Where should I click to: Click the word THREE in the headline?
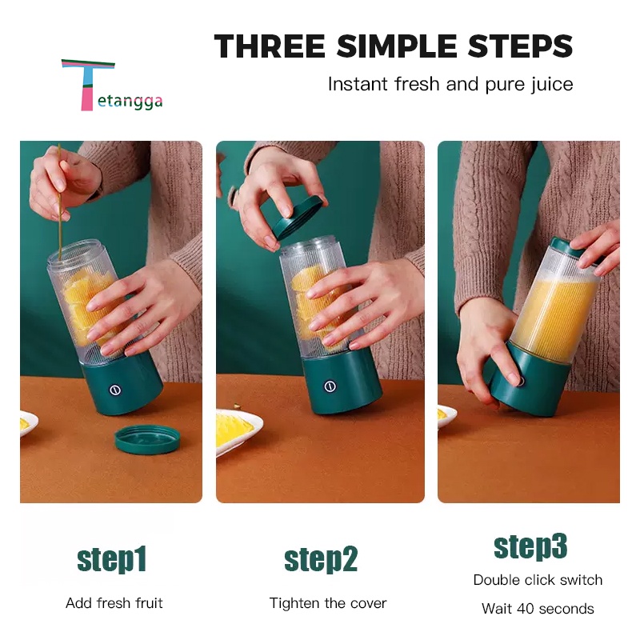[x=270, y=46]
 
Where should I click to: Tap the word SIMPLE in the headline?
[x=397, y=46]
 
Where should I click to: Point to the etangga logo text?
[x=130, y=102]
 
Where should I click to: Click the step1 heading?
[x=111, y=559]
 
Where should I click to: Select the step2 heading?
[x=321, y=559]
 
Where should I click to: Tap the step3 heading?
[x=530, y=546]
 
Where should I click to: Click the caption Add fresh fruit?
[x=114, y=603]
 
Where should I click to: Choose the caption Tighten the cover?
[x=328, y=603]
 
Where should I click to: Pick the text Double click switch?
[x=538, y=579]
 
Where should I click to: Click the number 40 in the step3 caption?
[x=526, y=609]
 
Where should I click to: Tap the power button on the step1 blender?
[x=115, y=390]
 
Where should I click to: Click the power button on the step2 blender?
[x=330, y=386]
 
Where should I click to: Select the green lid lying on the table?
[x=147, y=439]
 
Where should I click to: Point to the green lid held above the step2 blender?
[x=297, y=218]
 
